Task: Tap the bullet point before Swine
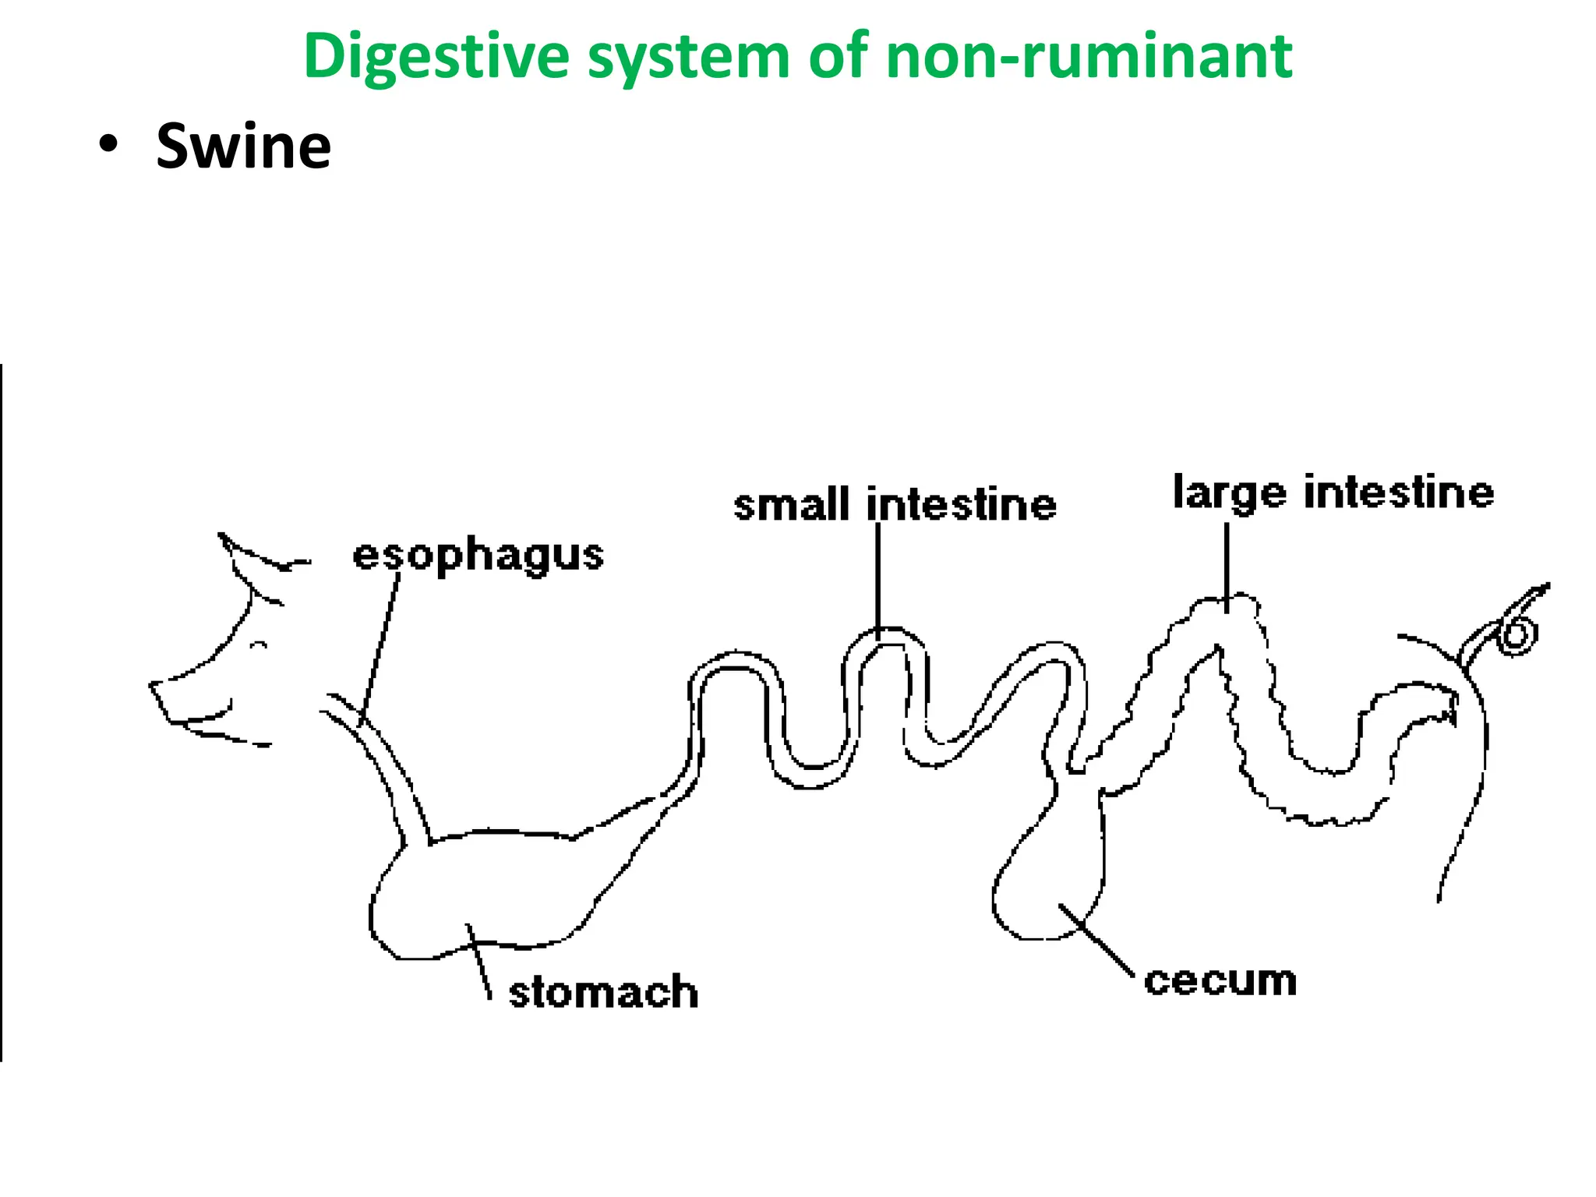click(x=109, y=145)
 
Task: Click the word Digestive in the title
click(x=436, y=56)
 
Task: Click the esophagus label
click(x=478, y=556)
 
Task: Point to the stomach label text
click(x=602, y=992)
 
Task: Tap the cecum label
click(x=1220, y=980)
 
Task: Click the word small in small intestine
click(x=790, y=505)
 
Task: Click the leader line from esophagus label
click(x=380, y=647)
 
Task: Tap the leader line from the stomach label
click(x=478, y=962)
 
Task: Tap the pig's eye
click(x=260, y=645)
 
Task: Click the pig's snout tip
click(x=156, y=690)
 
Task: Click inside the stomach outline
click(x=483, y=888)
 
